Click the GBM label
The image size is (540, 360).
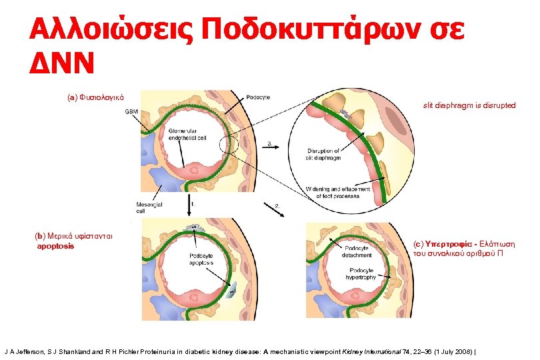click(x=133, y=111)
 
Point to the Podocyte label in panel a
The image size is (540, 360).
click(x=258, y=97)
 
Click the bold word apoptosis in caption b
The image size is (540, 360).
click(x=55, y=246)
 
